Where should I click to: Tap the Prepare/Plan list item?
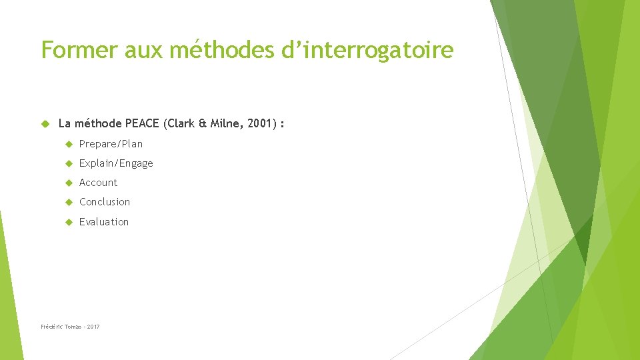(x=111, y=144)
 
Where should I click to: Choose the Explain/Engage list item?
(x=116, y=163)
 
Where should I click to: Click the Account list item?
(x=98, y=183)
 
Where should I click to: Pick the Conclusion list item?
(x=105, y=202)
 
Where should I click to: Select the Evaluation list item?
(x=104, y=222)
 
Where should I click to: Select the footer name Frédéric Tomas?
(x=61, y=327)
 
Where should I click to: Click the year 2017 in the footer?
(x=93, y=327)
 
